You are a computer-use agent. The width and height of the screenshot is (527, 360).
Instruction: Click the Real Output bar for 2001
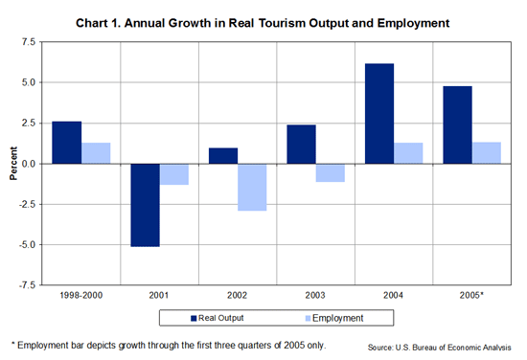(145, 205)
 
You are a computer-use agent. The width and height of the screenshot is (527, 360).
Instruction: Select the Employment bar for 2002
(252, 187)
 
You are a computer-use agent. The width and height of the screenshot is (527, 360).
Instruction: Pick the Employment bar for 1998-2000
(96, 153)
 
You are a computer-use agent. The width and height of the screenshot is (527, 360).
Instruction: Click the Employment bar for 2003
(331, 172)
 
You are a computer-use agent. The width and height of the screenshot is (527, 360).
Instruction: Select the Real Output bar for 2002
(222, 156)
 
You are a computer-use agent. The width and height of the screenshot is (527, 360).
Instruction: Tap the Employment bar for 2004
(408, 153)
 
